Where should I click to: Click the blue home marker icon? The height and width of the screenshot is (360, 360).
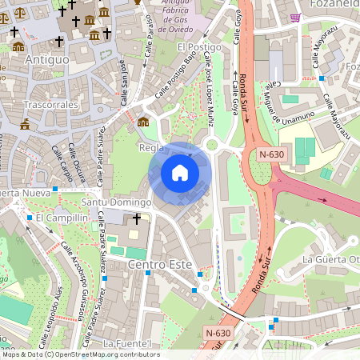(x=180, y=173)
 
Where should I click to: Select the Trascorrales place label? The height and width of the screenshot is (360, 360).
(x=50, y=105)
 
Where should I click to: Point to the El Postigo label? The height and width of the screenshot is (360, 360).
(x=198, y=48)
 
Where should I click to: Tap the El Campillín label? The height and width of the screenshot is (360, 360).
(x=61, y=218)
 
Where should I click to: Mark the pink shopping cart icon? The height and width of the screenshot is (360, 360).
(x=296, y=17)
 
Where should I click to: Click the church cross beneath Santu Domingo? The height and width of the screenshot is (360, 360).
(x=137, y=218)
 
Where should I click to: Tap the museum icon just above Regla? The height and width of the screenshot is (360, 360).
(x=143, y=122)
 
